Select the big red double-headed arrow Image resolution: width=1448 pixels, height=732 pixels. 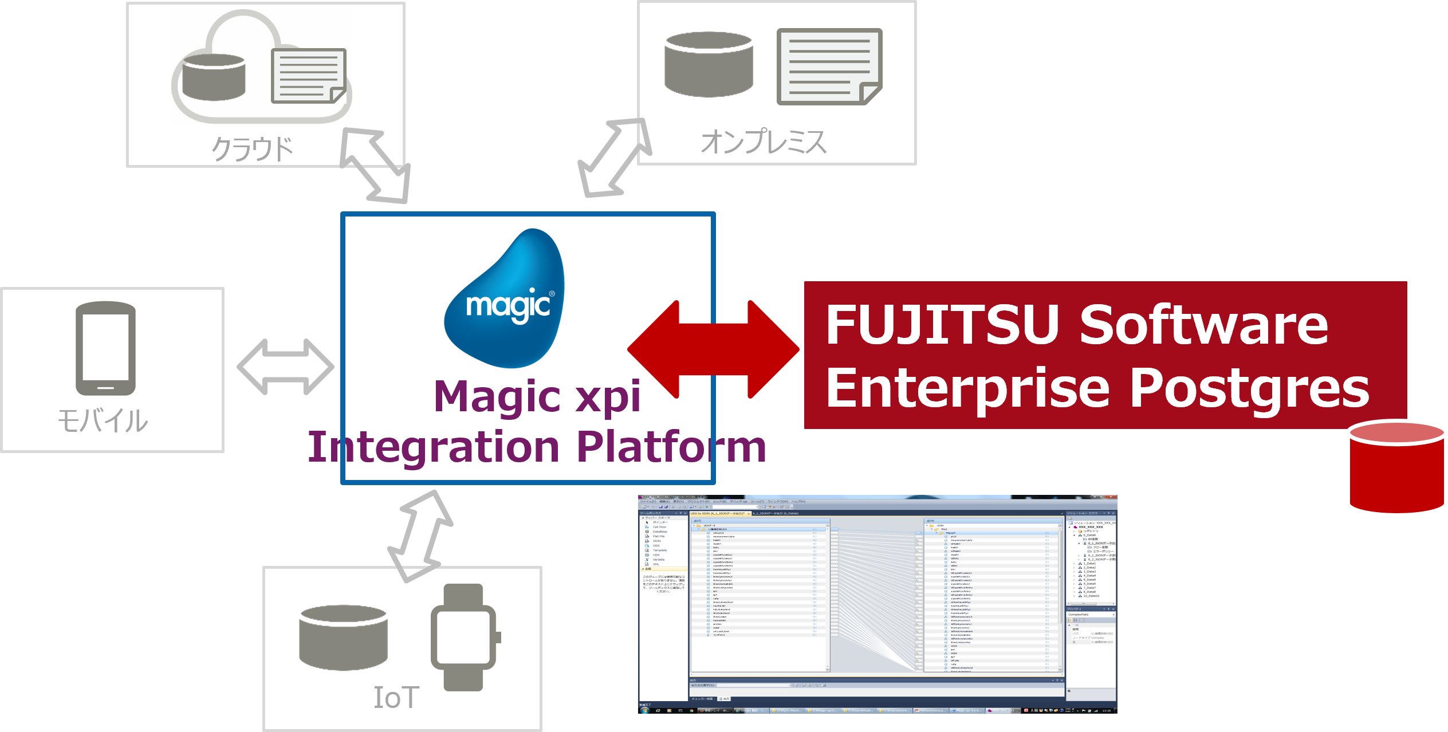(713, 349)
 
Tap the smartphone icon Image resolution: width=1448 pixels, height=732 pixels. (106, 348)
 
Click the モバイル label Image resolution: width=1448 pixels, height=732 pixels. (103, 422)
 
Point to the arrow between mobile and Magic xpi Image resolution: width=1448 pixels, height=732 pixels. (285, 367)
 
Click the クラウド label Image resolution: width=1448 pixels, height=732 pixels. (252, 149)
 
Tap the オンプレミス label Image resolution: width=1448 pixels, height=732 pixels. (763, 141)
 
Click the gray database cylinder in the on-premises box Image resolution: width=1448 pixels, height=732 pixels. (709, 64)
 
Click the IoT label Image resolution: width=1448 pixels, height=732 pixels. (396, 698)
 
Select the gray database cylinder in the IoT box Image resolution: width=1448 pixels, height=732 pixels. (344, 637)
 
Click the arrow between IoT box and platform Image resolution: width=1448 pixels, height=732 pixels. (421, 536)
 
